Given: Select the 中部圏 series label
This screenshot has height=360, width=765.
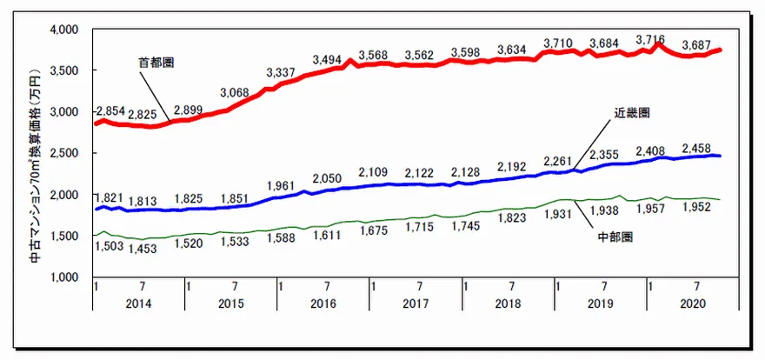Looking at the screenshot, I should [615, 236].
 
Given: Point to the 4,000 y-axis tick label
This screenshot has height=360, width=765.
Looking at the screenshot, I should [63, 30].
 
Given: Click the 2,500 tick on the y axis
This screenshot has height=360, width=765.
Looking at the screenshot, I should [63, 153].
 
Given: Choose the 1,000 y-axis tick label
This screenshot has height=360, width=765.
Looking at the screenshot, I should [63, 277].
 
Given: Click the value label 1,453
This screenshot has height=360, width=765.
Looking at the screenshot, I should [143, 249].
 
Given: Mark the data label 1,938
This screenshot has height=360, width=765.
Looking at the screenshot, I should [604, 210].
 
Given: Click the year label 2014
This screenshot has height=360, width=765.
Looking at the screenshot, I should [138, 304].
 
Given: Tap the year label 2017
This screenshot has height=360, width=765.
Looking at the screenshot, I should [417, 304].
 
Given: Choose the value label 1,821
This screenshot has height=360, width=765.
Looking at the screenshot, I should [109, 197].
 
